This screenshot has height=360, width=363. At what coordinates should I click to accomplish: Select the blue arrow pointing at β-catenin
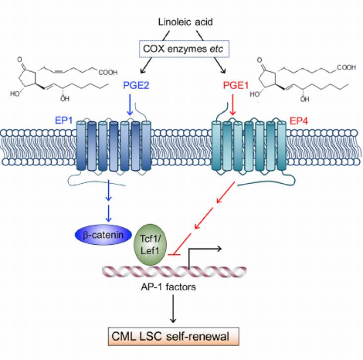pyautogui.click(x=108, y=213)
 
